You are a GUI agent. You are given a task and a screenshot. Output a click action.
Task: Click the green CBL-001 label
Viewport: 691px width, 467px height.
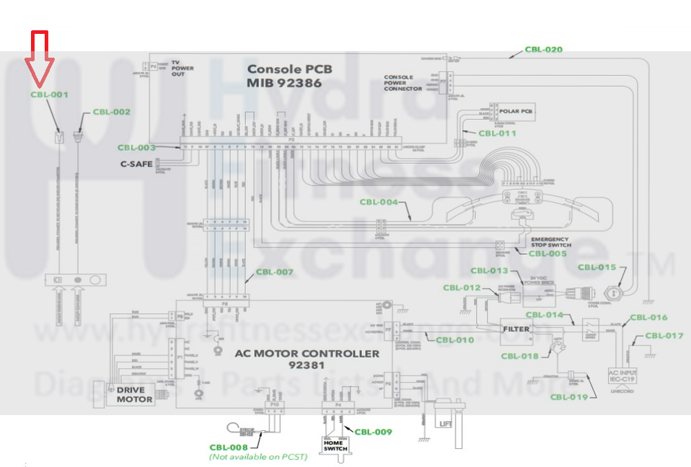pos(49,95)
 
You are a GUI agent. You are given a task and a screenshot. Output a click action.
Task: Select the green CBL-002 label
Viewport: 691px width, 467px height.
pos(112,112)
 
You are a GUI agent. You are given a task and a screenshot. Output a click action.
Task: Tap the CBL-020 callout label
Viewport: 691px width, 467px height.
pos(543,50)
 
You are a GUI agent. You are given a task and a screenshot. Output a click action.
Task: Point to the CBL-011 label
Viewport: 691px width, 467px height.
pos(498,133)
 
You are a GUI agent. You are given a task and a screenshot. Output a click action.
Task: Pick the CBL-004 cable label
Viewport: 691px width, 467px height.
pos(379,202)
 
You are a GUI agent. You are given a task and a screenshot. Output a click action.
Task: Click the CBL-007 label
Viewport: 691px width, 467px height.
pos(275,272)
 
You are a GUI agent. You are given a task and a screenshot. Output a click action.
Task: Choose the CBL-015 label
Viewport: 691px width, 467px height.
pos(597,268)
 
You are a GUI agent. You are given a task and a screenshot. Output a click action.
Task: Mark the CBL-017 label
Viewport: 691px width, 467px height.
pos(664,335)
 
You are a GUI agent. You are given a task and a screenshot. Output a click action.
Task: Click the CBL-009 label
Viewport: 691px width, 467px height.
pos(373,432)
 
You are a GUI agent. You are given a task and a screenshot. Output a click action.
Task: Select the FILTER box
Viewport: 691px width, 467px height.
pos(516,329)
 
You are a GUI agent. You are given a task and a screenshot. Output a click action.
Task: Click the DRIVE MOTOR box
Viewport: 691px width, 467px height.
pos(135,394)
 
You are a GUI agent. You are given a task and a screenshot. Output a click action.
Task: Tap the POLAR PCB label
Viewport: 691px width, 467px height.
pos(516,111)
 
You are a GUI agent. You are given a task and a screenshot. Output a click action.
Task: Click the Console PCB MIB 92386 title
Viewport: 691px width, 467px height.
pos(290,76)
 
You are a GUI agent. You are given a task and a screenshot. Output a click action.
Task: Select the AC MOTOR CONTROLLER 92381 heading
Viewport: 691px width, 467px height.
pos(307,359)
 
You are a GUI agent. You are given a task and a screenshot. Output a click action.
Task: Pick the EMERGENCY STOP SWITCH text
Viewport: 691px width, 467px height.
pos(550,243)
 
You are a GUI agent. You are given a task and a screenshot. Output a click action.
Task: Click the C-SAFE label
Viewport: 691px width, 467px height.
pos(136,164)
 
